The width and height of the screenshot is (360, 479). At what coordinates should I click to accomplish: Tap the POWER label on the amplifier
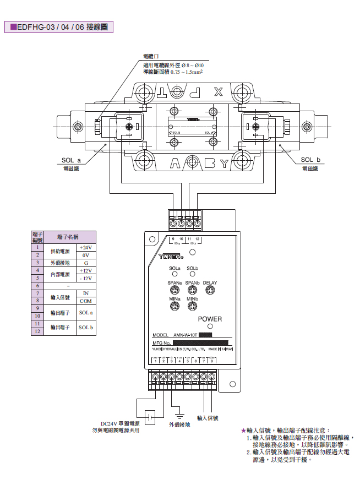click(210, 319)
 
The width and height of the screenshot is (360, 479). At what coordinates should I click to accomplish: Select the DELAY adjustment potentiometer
click(210, 290)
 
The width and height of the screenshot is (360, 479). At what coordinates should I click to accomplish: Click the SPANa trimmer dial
click(176, 290)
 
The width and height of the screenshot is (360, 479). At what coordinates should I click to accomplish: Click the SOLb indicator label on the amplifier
click(192, 268)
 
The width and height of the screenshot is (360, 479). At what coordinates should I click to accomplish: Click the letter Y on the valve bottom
click(223, 163)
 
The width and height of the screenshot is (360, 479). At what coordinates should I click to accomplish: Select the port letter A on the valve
click(175, 163)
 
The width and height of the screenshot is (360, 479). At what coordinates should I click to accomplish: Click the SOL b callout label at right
click(310, 160)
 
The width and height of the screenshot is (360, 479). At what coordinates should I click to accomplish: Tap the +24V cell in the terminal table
click(85, 248)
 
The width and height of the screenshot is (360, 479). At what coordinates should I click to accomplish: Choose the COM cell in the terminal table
click(85, 301)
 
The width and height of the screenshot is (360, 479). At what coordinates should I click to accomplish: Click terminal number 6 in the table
click(37, 286)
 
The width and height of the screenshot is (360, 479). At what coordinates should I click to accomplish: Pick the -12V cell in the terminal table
click(85, 278)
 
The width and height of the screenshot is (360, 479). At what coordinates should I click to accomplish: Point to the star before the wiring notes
click(243, 430)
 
